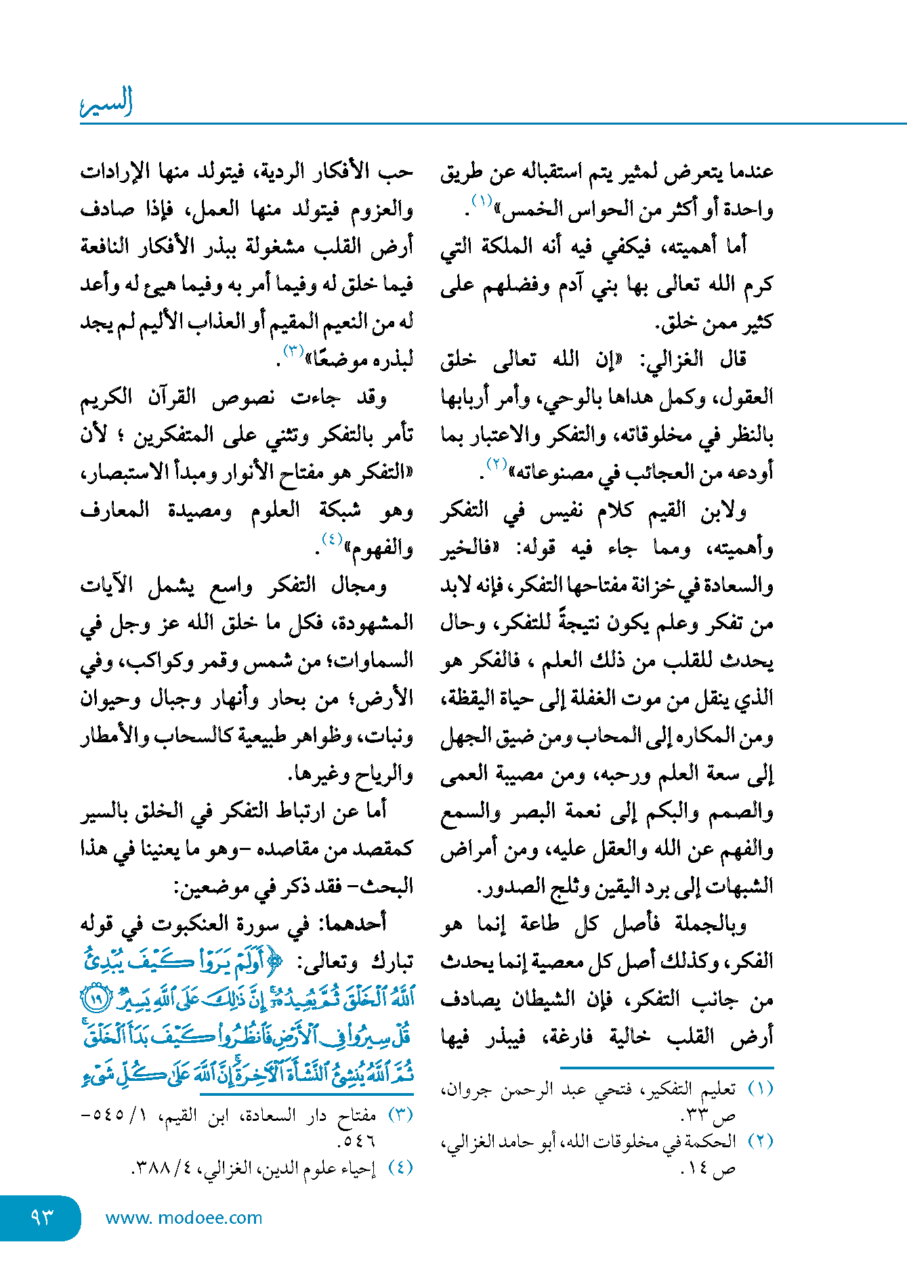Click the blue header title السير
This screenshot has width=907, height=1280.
tap(106, 104)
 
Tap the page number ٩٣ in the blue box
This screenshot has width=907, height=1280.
tap(42, 1218)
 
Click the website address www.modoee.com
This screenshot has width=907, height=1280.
tap(184, 1218)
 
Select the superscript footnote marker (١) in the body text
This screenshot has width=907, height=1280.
tap(482, 200)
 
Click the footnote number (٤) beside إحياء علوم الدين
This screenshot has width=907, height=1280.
tap(399, 1168)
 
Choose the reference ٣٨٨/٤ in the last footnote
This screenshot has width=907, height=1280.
tap(159, 1168)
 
